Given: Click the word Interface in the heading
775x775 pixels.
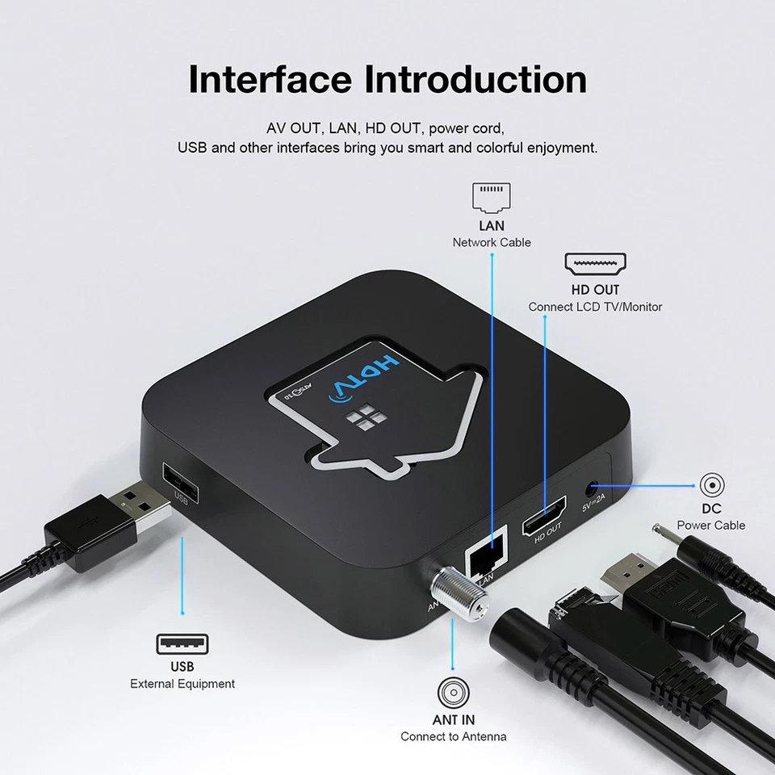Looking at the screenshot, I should (271, 80).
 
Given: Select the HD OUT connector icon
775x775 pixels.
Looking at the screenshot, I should (595, 264).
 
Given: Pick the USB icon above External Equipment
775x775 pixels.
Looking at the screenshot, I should (182, 643).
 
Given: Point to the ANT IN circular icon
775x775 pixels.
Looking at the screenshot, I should (454, 693).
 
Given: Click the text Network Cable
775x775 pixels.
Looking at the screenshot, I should (492, 242).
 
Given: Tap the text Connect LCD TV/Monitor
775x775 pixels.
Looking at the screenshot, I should (595, 307).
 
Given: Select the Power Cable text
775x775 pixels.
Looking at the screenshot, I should (711, 526).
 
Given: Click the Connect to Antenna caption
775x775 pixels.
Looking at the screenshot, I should (454, 736).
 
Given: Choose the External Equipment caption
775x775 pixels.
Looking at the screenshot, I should (182, 684).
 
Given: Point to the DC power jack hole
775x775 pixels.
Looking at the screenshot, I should (594, 488).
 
